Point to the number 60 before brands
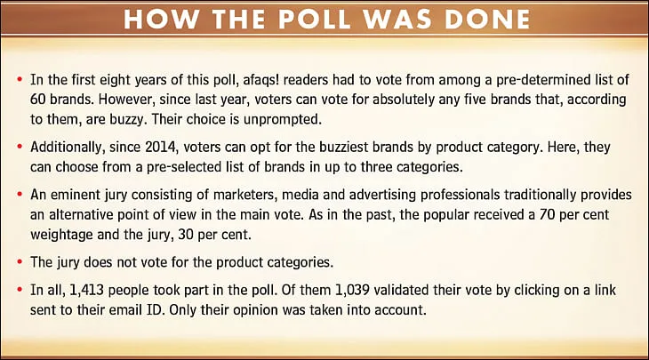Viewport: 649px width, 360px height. (x=38, y=100)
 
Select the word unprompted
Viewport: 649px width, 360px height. (x=282, y=120)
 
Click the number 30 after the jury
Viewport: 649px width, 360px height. (x=186, y=235)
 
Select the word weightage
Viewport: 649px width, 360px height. (x=61, y=235)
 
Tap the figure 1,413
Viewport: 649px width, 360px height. (x=86, y=290)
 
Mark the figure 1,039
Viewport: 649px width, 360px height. (x=352, y=290)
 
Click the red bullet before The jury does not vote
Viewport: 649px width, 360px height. (x=20, y=261)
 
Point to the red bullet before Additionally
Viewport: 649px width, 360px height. (x=20, y=146)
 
